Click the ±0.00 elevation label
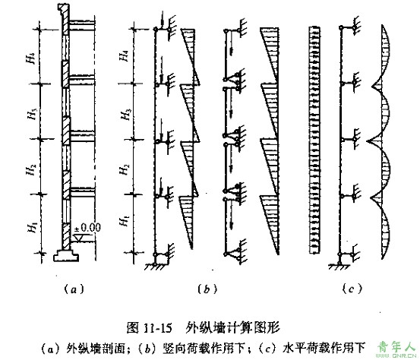(87, 228)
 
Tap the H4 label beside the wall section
(31, 58)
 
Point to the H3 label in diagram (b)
(125, 115)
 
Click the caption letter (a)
(74, 289)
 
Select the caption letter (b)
(207, 289)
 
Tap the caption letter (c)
(352, 289)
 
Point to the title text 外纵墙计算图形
(232, 327)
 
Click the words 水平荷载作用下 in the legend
(324, 348)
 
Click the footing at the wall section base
(66, 255)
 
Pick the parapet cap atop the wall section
(63, 10)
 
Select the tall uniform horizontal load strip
(314, 140)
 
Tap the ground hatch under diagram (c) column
(339, 267)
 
